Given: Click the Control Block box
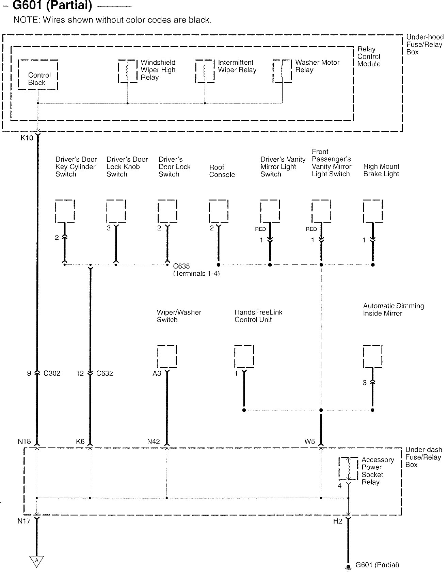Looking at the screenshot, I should [x=38, y=75].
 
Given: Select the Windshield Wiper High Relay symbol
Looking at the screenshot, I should [x=128, y=71].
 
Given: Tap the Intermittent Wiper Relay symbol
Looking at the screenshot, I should [x=205, y=71].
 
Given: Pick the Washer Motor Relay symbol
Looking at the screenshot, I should [x=282, y=71].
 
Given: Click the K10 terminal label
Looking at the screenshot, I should [x=27, y=138].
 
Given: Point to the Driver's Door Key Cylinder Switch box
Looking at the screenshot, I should [x=65, y=211].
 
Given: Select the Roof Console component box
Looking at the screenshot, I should [x=219, y=211].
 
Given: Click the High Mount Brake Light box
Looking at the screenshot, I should [x=373, y=211].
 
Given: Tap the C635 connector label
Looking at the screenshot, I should [x=181, y=266].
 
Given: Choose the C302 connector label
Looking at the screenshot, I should [x=52, y=373].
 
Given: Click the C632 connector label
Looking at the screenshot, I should [x=104, y=373].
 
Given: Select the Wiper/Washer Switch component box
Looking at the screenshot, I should [x=167, y=356].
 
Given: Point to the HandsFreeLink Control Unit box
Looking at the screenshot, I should [x=244, y=356].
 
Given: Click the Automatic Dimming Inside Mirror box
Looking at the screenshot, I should [x=372, y=356].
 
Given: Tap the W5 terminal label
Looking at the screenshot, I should [x=309, y=441].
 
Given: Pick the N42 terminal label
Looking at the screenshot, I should [x=154, y=441].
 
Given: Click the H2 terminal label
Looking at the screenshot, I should [x=337, y=521].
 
